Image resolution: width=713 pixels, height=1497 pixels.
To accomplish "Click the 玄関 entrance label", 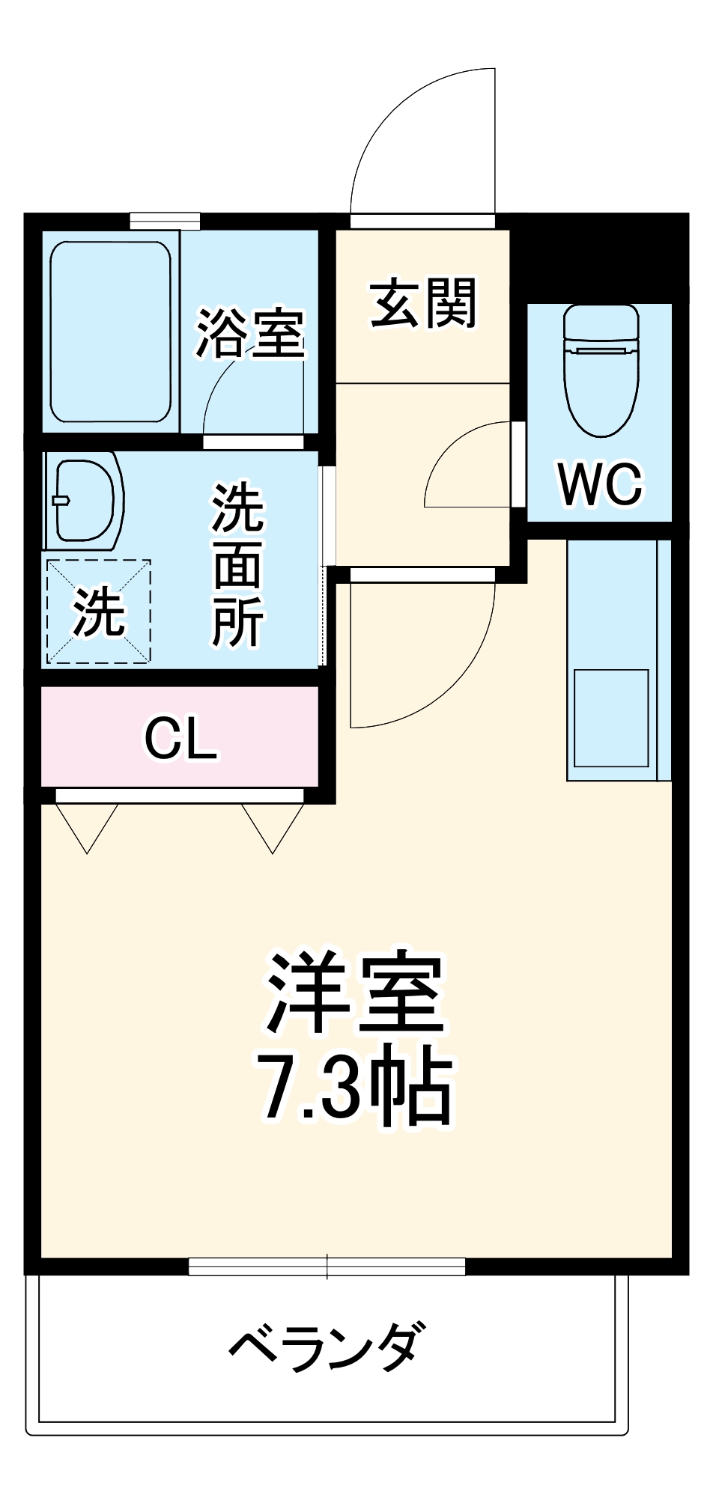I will tap(424, 304).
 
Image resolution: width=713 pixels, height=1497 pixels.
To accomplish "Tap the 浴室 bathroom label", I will tap(250, 332).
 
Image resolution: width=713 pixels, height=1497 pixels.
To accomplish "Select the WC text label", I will tap(600, 484).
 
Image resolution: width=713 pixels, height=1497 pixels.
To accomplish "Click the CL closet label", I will tap(180, 739).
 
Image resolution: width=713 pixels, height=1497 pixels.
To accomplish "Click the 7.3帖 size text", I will tap(355, 1088).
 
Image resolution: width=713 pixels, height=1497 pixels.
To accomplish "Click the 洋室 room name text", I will tap(355, 993).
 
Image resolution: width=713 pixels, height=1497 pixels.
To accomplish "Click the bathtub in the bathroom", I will tap(110, 332).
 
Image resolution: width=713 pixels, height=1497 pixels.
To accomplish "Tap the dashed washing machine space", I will tap(99, 612).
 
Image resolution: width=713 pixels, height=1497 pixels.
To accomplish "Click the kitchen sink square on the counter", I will tap(610, 718).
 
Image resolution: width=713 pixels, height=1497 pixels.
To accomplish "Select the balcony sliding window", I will tap(327, 1266).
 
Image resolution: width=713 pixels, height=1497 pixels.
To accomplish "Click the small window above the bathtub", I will tap(165, 221).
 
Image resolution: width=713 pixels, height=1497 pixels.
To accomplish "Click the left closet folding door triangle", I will tap(87, 826).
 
